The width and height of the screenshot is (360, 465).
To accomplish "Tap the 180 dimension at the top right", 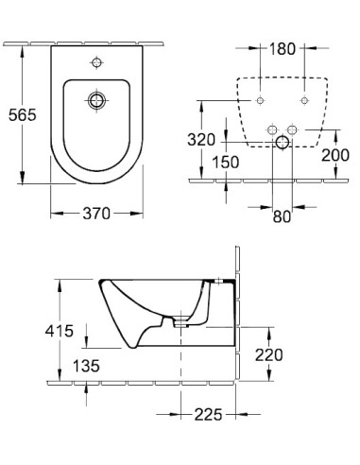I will (281, 47).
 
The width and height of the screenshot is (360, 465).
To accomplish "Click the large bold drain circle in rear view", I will (281, 143).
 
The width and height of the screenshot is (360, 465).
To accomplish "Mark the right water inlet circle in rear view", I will (292, 130).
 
